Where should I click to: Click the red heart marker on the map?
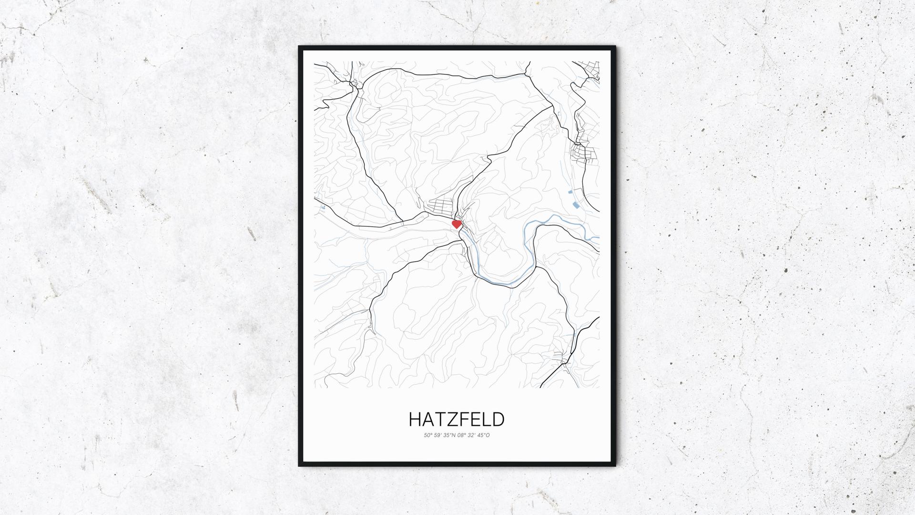[x=457, y=223]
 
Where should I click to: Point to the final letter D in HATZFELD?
[x=498, y=419]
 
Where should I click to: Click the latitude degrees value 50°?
[x=428, y=435]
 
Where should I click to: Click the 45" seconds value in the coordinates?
[x=482, y=435]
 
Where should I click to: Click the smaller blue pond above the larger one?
[x=570, y=192]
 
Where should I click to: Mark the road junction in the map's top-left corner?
[x=354, y=84]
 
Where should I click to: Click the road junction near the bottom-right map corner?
[x=564, y=364]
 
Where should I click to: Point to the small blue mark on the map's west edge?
[x=322, y=207]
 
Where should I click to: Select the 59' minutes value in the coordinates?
[x=437, y=435]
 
